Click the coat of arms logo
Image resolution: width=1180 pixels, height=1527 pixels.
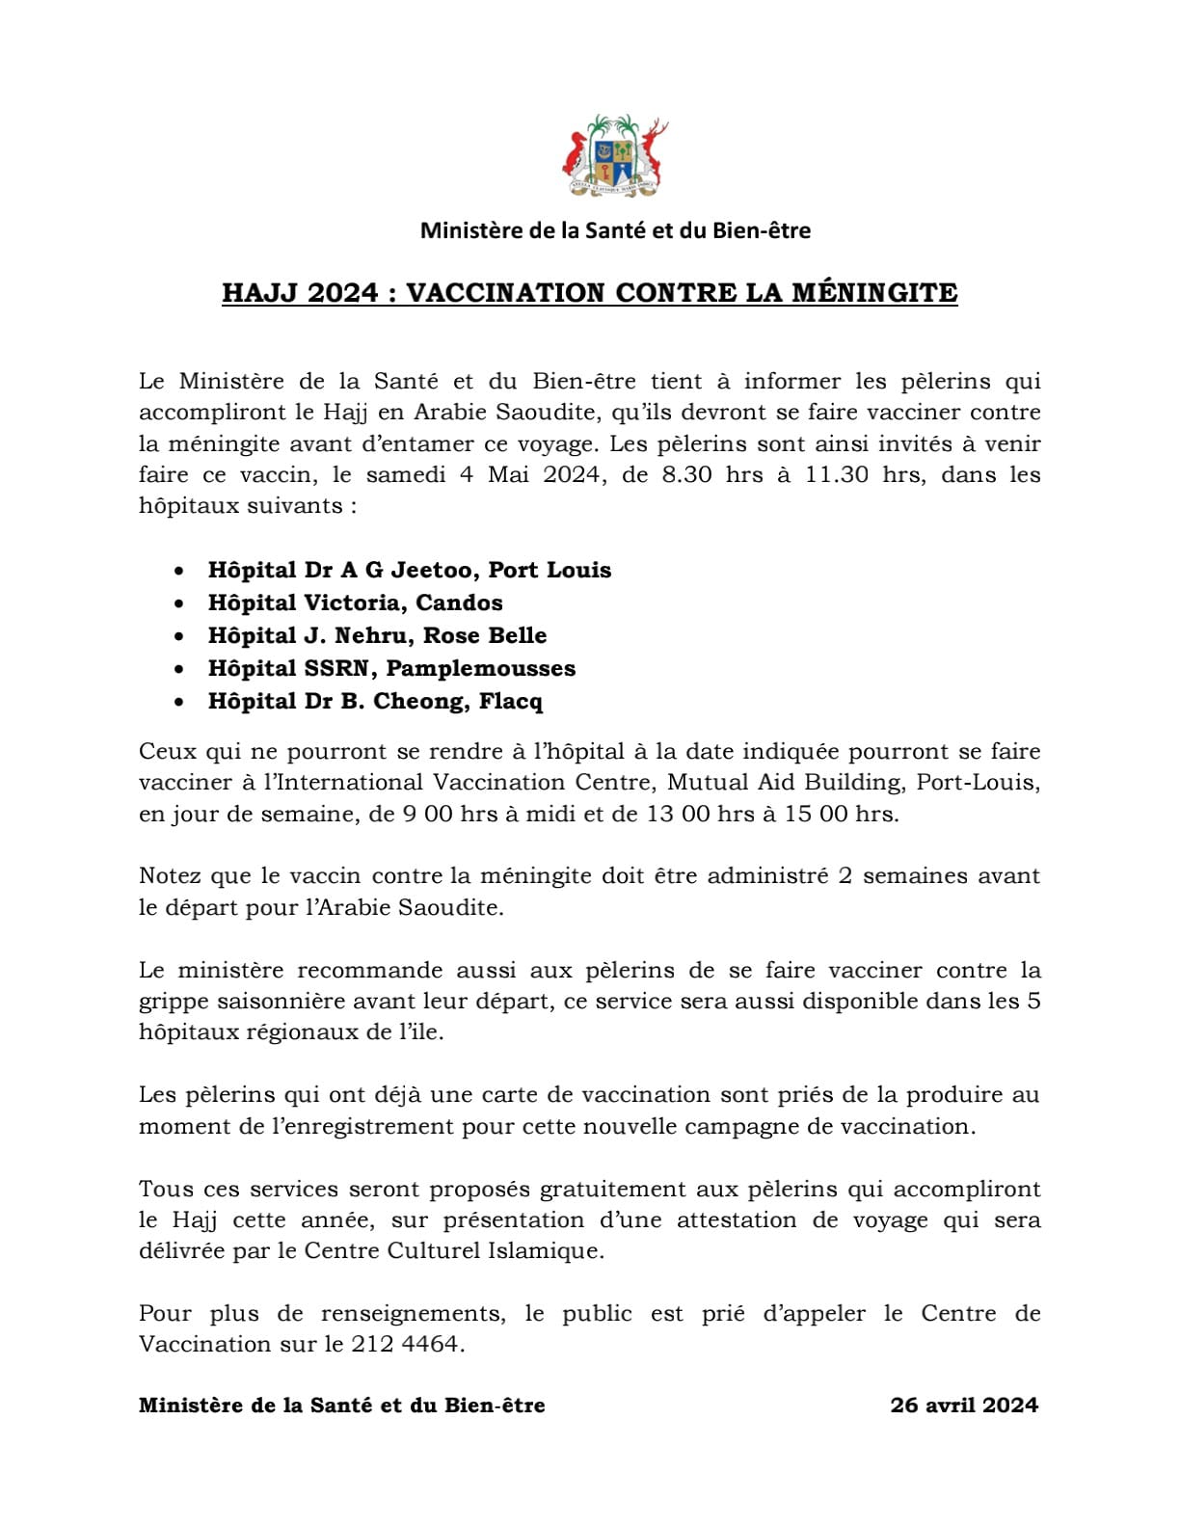(615, 157)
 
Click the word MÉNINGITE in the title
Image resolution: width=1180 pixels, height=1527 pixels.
(874, 292)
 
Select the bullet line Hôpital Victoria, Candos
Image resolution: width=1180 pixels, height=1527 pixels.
(355, 603)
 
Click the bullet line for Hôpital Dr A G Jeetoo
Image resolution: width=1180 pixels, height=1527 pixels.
(409, 570)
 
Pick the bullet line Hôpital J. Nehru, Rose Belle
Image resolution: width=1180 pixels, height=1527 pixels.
(377, 635)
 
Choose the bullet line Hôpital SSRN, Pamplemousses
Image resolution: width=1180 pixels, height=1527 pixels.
(391, 668)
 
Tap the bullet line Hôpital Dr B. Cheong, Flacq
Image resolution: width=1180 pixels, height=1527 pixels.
(375, 701)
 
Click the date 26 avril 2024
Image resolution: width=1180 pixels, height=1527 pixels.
(964, 1405)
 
